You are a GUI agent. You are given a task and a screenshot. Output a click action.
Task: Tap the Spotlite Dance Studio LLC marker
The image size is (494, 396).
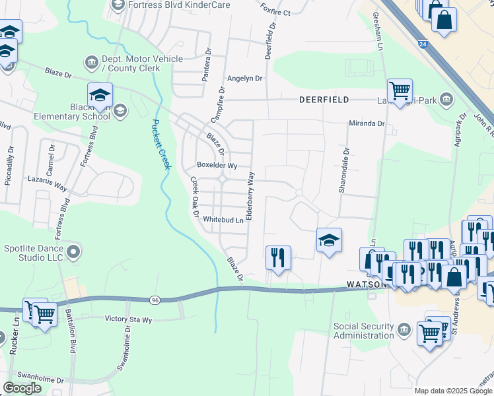pos(74,251)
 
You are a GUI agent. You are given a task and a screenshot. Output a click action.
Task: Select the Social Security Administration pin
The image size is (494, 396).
pos(404,327)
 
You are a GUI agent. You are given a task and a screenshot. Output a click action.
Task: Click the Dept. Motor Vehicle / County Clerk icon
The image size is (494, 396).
pos(90,63)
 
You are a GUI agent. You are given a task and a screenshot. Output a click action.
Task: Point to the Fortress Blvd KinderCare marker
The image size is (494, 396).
pos(118,5)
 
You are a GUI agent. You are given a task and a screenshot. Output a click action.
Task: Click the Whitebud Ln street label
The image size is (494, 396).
pos(223,219)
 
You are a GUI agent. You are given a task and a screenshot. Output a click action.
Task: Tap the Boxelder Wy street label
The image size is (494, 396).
pos(217,166)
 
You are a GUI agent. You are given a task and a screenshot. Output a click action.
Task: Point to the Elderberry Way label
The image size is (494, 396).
pos(250,196)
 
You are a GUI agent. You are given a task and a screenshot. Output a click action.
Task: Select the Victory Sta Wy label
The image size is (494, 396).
pos(129,319)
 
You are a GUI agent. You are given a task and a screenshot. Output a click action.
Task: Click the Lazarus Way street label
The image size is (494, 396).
pos(48,183)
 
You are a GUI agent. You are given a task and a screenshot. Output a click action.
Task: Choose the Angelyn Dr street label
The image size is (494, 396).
pos(244,78)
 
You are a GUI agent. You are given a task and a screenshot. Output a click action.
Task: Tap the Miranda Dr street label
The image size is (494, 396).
pos(367,123)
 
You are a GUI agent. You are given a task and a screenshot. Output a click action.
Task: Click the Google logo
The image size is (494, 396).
pos(22,388)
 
